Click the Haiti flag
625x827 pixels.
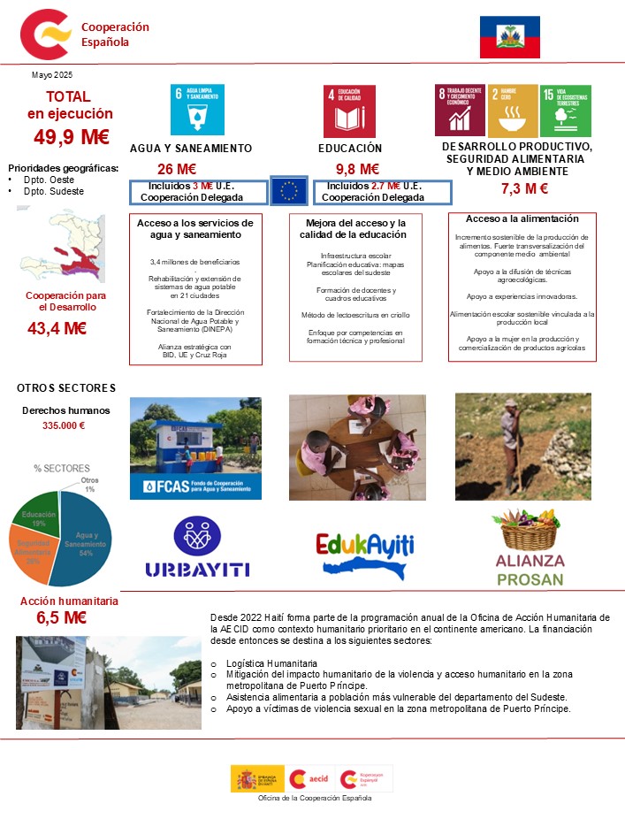click(509, 36)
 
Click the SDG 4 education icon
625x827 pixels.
click(349, 111)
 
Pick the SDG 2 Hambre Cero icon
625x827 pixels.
click(513, 111)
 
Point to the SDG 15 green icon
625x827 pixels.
click(565, 111)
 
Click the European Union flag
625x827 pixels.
click(288, 190)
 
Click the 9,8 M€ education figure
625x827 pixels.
click(357, 169)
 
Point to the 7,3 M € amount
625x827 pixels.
click(524, 188)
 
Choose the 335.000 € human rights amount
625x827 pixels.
click(64, 425)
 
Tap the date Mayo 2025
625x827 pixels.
click(52, 74)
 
